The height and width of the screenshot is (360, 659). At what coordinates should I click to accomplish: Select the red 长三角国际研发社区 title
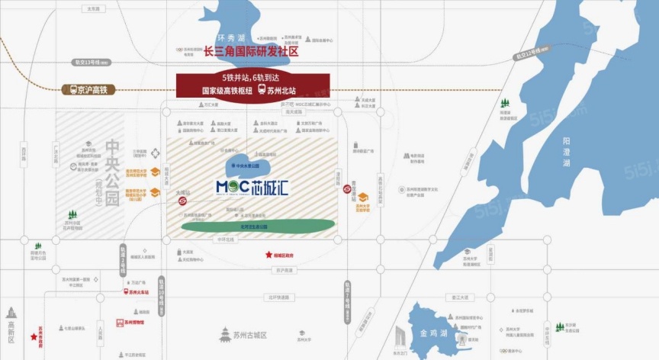(x=251, y=52)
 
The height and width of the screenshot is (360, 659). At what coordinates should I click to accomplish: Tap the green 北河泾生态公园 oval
(x=258, y=224)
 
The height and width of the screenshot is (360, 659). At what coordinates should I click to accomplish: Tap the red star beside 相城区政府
(x=268, y=256)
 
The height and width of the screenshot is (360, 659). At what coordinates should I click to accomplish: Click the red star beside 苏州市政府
(x=33, y=336)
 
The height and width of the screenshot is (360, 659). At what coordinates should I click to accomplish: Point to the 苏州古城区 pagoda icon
(x=225, y=334)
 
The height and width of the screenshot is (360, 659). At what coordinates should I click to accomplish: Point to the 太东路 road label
(x=93, y=10)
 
